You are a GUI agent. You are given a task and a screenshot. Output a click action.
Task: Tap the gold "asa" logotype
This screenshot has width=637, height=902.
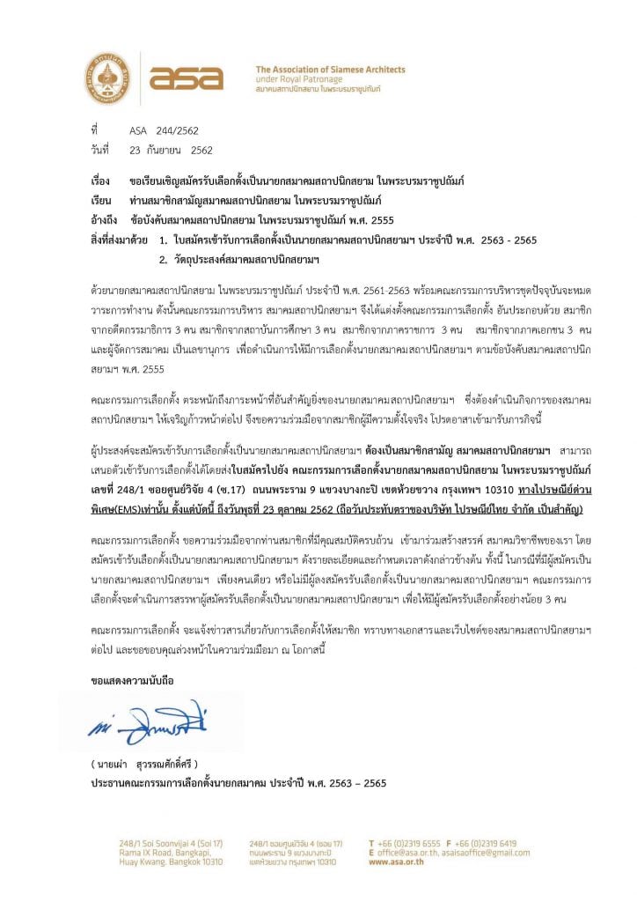pyautogui.click(x=186, y=78)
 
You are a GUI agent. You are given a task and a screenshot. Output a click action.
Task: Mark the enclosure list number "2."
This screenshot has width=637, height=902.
pyautogui.click(x=163, y=260)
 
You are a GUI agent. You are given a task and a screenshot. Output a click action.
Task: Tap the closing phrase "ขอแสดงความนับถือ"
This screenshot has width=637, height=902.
pyautogui.click(x=133, y=682)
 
